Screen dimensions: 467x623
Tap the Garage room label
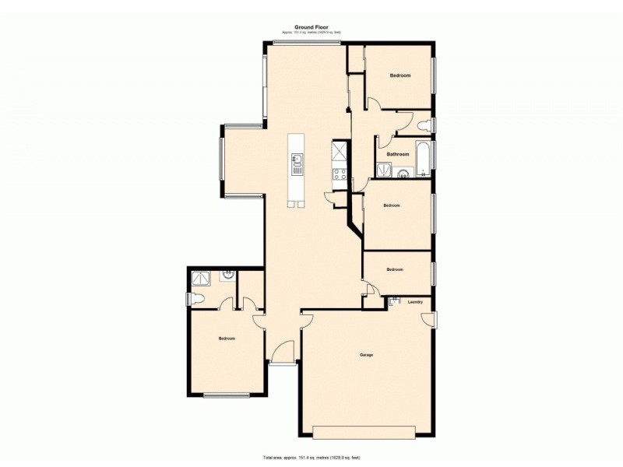366,355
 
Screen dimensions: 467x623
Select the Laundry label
415,302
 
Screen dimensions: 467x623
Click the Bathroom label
398,154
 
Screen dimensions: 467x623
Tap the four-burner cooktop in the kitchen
340,174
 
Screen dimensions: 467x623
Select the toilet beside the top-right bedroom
424,125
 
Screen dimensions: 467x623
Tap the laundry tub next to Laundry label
394,302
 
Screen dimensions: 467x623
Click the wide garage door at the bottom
364,431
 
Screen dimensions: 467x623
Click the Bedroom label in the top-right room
400,75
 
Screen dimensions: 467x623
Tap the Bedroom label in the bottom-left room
227,339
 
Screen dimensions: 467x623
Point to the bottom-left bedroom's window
227,395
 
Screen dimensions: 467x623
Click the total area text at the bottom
311,458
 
